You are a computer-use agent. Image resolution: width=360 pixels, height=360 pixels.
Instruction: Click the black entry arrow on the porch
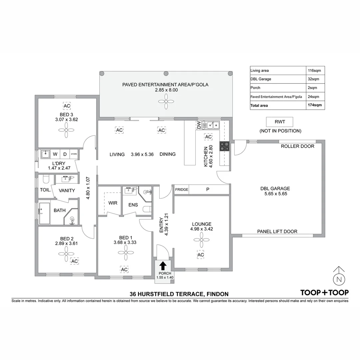(x=163, y=266)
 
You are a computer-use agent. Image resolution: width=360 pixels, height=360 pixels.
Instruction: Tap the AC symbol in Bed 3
(x=67, y=106)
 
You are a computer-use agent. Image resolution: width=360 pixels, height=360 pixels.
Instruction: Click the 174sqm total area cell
(x=315, y=105)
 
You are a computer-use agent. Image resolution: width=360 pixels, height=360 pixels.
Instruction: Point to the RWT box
(x=280, y=122)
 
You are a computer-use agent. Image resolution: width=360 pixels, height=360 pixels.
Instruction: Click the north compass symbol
(x=339, y=278)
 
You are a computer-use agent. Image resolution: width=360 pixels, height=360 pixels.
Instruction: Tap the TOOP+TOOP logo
(x=324, y=293)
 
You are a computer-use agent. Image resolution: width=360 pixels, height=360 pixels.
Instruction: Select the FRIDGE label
(x=182, y=190)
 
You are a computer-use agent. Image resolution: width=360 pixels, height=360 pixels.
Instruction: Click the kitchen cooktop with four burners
(x=224, y=147)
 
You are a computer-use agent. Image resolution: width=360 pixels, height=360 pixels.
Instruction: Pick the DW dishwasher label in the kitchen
(x=199, y=125)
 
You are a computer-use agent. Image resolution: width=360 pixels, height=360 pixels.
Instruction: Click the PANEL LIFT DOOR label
(x=277, y=231)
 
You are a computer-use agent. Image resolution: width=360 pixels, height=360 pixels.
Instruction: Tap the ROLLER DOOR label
(x=297, y=146)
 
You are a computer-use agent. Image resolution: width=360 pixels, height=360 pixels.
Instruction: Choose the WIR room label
(x=113, y=203)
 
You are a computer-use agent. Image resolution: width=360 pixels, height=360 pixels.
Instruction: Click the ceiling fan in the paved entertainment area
(x=166, y=100)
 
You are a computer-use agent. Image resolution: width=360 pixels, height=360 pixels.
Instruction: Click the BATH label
(x=60, y=210)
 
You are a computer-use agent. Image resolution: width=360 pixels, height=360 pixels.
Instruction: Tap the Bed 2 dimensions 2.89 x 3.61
(x=66, y=244)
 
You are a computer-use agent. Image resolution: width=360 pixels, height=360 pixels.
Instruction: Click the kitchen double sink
(x=213, y=125)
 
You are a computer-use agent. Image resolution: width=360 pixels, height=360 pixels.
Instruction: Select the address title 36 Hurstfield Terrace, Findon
(x=179, y=294)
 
